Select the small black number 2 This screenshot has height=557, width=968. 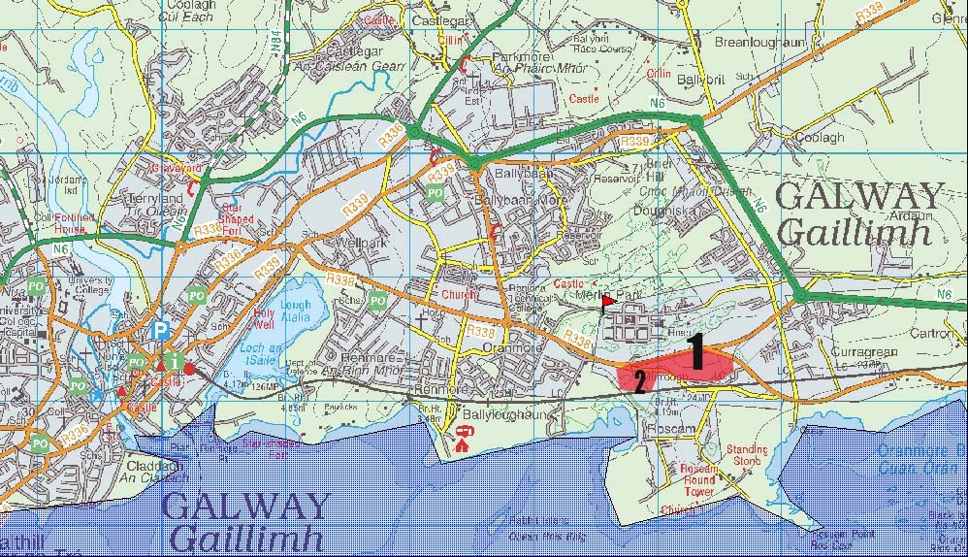coord(639,379)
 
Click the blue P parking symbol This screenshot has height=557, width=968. coord(159,332)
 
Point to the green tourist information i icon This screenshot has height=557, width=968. coord(175,363)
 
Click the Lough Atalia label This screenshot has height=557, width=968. coord(296,311)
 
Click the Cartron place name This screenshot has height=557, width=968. coord(932,333)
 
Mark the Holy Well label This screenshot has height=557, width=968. coord(265,318)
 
